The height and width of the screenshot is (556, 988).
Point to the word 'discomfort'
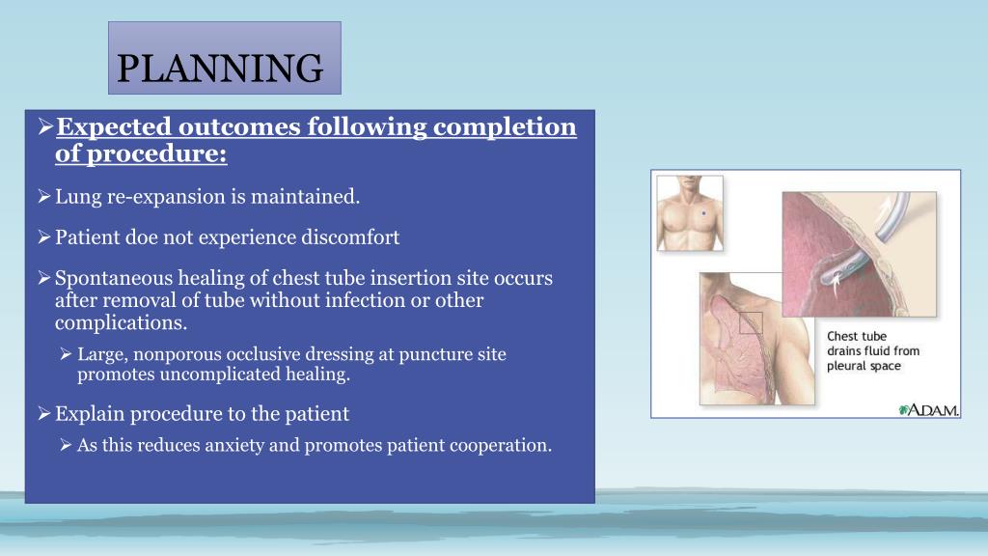point(353,237)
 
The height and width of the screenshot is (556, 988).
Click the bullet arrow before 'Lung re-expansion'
point(43,198)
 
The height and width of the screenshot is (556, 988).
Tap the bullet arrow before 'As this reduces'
point(66,445)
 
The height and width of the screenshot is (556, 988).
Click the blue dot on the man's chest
point(703,212)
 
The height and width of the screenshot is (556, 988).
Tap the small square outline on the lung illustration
point(751,323)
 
